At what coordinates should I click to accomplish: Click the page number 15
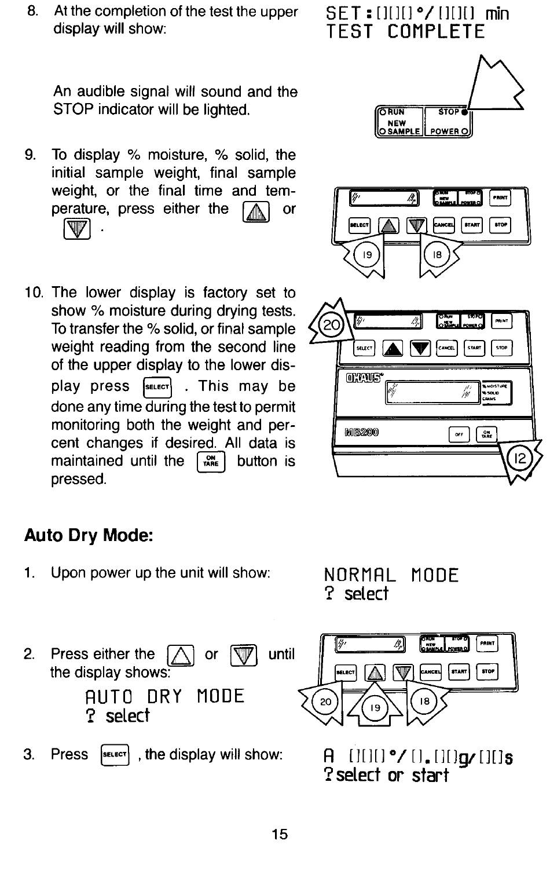click(x=280, y=834)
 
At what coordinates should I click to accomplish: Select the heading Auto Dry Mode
click(x=89, y=535)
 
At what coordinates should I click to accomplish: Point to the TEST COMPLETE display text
click(x=405, y=31)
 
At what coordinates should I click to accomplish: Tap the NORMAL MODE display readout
click(x=391, y=575)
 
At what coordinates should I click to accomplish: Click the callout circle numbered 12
click(x=519, y=459)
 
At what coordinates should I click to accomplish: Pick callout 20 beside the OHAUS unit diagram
click(x=332, y=325)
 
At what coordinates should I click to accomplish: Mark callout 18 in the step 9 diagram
click(x=437, y=254)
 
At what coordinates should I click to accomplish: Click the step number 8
click(x=32, y=12)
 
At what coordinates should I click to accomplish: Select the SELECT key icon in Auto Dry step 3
click(x=115, y=754)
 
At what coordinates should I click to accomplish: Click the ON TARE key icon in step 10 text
click(x=211, y=461)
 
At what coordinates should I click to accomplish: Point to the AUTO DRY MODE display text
click(x=164, y=696)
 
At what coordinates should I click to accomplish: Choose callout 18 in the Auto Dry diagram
click(x=424, y=702)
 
